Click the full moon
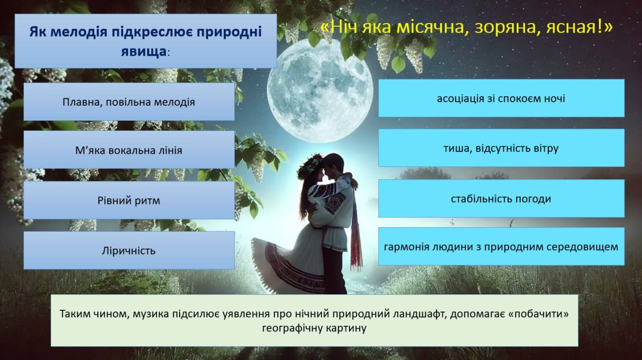pyautogui.click(x=320, y=91)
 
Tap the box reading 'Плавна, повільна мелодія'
pyautogui.click(x=129, y=102)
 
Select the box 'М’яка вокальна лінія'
pyautogui.click(x=129, y=150)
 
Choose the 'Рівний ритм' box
pyautogui.click(x=129, y=201)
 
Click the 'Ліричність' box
pyautogui.click(x=129, y=251)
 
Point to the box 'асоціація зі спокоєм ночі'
pyautogui.click(x=501, y=98)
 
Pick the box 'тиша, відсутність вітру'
pyautogui.click(x=501, y=148)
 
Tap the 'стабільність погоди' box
pyautogui.click(x=501, y=199)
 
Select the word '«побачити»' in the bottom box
pyautogui.click(x=538, y=314)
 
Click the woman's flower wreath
pyautogui.click(x=309, y=165)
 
